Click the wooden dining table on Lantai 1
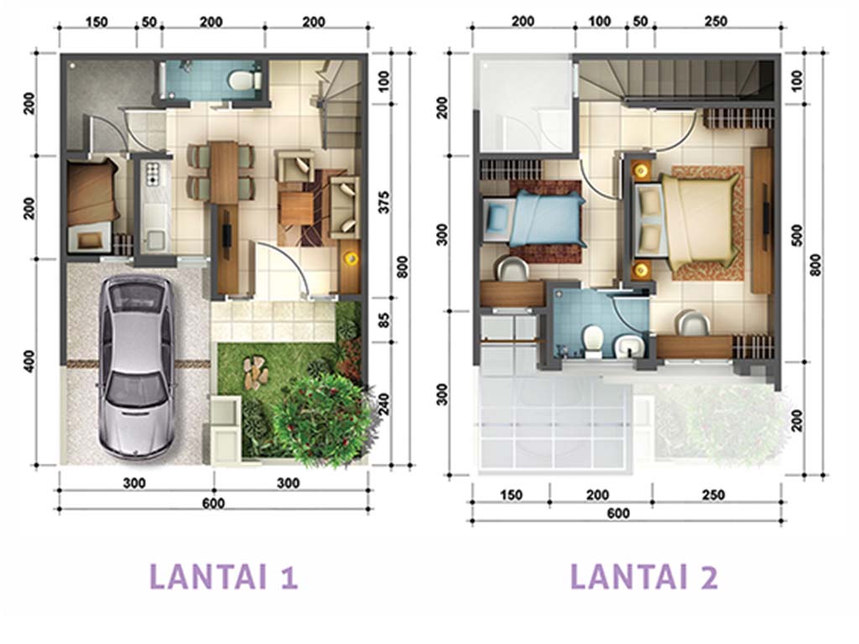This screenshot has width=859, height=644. click(x=224, y=173)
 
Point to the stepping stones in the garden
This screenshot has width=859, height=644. click(x=255, y=372)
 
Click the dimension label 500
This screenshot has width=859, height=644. click(x=797, y=235)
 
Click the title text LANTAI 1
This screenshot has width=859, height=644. click(x=223, y=577)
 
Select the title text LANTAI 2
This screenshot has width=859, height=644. click(x=644, y=577)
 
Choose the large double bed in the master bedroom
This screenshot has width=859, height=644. click(x=691, y=218)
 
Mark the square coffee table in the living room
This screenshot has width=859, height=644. click(x=296, y=208)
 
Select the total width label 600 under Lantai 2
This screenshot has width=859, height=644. click(x=618, y=513)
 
